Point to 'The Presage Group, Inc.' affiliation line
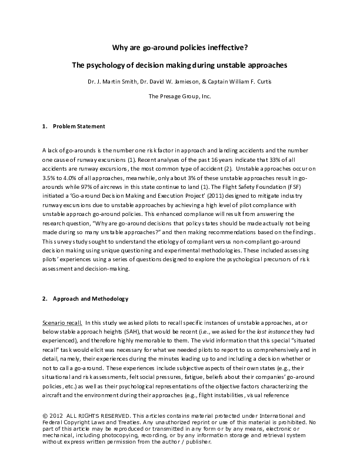point(179,95)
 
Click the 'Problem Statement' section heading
point(79,127)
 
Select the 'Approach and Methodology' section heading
point(90,298)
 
